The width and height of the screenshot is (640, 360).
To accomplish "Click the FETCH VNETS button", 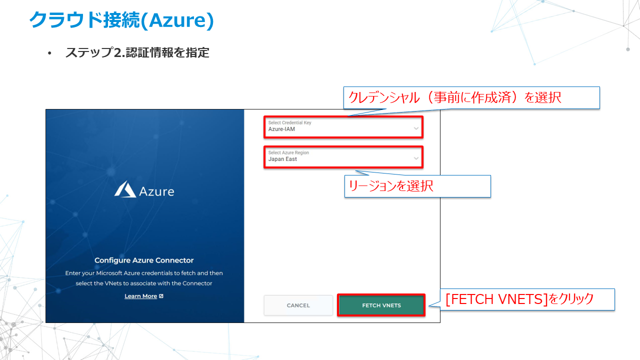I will pyautogui.click(x=381, y=305).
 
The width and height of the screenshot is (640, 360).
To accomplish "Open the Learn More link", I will pyautogui.click(x=140, y=296).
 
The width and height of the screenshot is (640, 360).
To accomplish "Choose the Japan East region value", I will pyautogui.click(x=282, y=159).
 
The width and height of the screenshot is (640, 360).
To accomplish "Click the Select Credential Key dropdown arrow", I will pyautogui.click(x=416, y=128).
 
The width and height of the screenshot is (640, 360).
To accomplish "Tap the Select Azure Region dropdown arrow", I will pyautogui.click(x=416, y=158).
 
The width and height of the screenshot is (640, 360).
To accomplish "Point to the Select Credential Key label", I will pyautogui.click(x=289, y=122).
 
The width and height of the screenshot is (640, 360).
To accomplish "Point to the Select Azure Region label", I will pyautogui.click(x=288, y=152).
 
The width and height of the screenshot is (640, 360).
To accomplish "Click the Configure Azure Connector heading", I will pyautogui.click(x=144, y=260).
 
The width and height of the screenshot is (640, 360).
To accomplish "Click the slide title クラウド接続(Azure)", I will pyautogui.click(x=121, y=20).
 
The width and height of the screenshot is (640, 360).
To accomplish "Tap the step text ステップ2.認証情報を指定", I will pyautogui.click(x=137, y=52).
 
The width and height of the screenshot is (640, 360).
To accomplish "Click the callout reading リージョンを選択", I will pyautogui.click(x=417, y=186).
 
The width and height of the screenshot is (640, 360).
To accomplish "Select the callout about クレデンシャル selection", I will pyautogui.click(x=471, y=97).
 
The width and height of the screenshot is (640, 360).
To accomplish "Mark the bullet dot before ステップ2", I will pyautogui.click(x=49, y=53).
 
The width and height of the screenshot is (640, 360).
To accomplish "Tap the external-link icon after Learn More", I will pyautogui.click(x=161, y=296).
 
